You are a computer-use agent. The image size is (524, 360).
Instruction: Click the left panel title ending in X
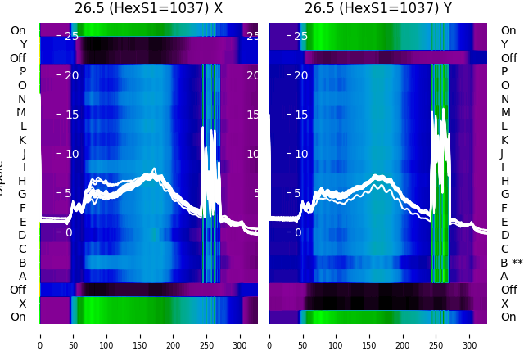(x=148, y=9)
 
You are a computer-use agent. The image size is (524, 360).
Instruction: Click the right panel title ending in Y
(x=378, y=9)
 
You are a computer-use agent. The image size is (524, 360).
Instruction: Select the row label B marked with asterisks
(x=511, y=263)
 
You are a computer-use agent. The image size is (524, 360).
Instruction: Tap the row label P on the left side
(x=22, y=72)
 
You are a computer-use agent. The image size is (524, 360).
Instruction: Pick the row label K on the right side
(x=504, y=140)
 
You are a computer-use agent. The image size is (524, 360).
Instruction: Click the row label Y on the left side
(x=23, y=44)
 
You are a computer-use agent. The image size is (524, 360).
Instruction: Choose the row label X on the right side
(x=504, y=304)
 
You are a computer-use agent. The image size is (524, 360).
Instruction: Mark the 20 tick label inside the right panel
(x=301, y=75)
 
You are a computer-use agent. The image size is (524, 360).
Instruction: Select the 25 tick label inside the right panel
(x=301, y=36)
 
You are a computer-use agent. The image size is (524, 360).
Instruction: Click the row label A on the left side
(x=22, y=277)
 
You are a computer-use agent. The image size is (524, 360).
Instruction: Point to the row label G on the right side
(x=504, y=195)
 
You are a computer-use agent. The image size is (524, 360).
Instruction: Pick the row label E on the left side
(x=22, y=222)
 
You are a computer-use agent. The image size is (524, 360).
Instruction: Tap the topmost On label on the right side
(x=508, y=30)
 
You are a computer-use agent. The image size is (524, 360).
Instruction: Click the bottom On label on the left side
(x=18, y=317)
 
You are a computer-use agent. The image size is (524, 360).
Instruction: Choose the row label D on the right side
(x=504, y=236)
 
